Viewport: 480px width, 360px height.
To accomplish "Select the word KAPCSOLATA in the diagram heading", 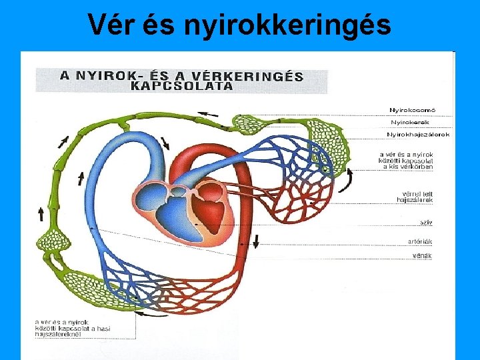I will (x=181, y=85).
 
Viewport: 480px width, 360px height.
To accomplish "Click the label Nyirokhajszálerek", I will (x=418, y=135).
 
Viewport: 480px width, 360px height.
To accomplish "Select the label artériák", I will (x=421, y=241).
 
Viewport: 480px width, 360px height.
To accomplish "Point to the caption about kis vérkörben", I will (x=406, y=161).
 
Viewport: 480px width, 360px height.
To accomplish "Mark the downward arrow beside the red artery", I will (x=256, y=241).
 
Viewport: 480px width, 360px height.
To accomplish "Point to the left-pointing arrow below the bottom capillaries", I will (x=156, y=315).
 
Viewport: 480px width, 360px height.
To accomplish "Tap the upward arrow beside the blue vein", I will (x=81, y=178).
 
